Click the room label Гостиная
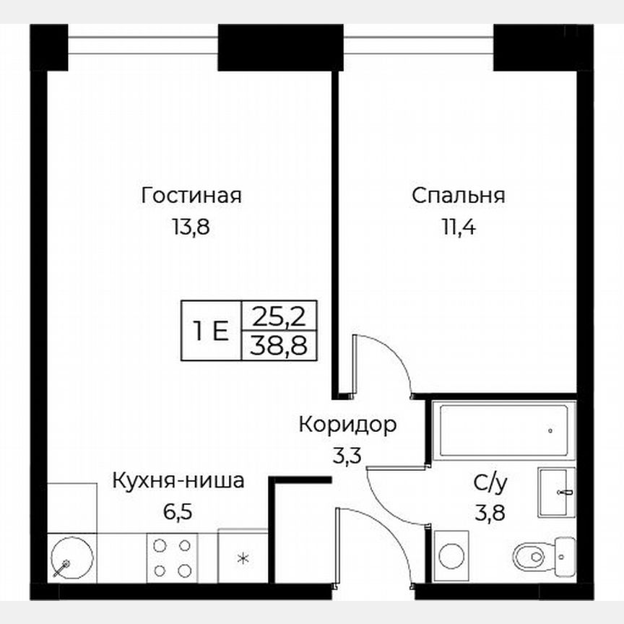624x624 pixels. point(191,196)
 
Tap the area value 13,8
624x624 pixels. point(191,228)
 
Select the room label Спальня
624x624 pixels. point(458,196)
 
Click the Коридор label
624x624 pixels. point(348,425)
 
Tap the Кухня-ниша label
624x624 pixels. point(178,480)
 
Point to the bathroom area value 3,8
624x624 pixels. point(489,513)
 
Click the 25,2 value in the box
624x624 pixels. point(278,315)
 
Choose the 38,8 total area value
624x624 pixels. point(278,347)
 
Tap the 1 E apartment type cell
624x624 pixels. point(211,331)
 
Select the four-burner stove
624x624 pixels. point(171,558)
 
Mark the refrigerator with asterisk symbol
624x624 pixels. point(243,558)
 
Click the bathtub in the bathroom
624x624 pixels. point(503,430)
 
